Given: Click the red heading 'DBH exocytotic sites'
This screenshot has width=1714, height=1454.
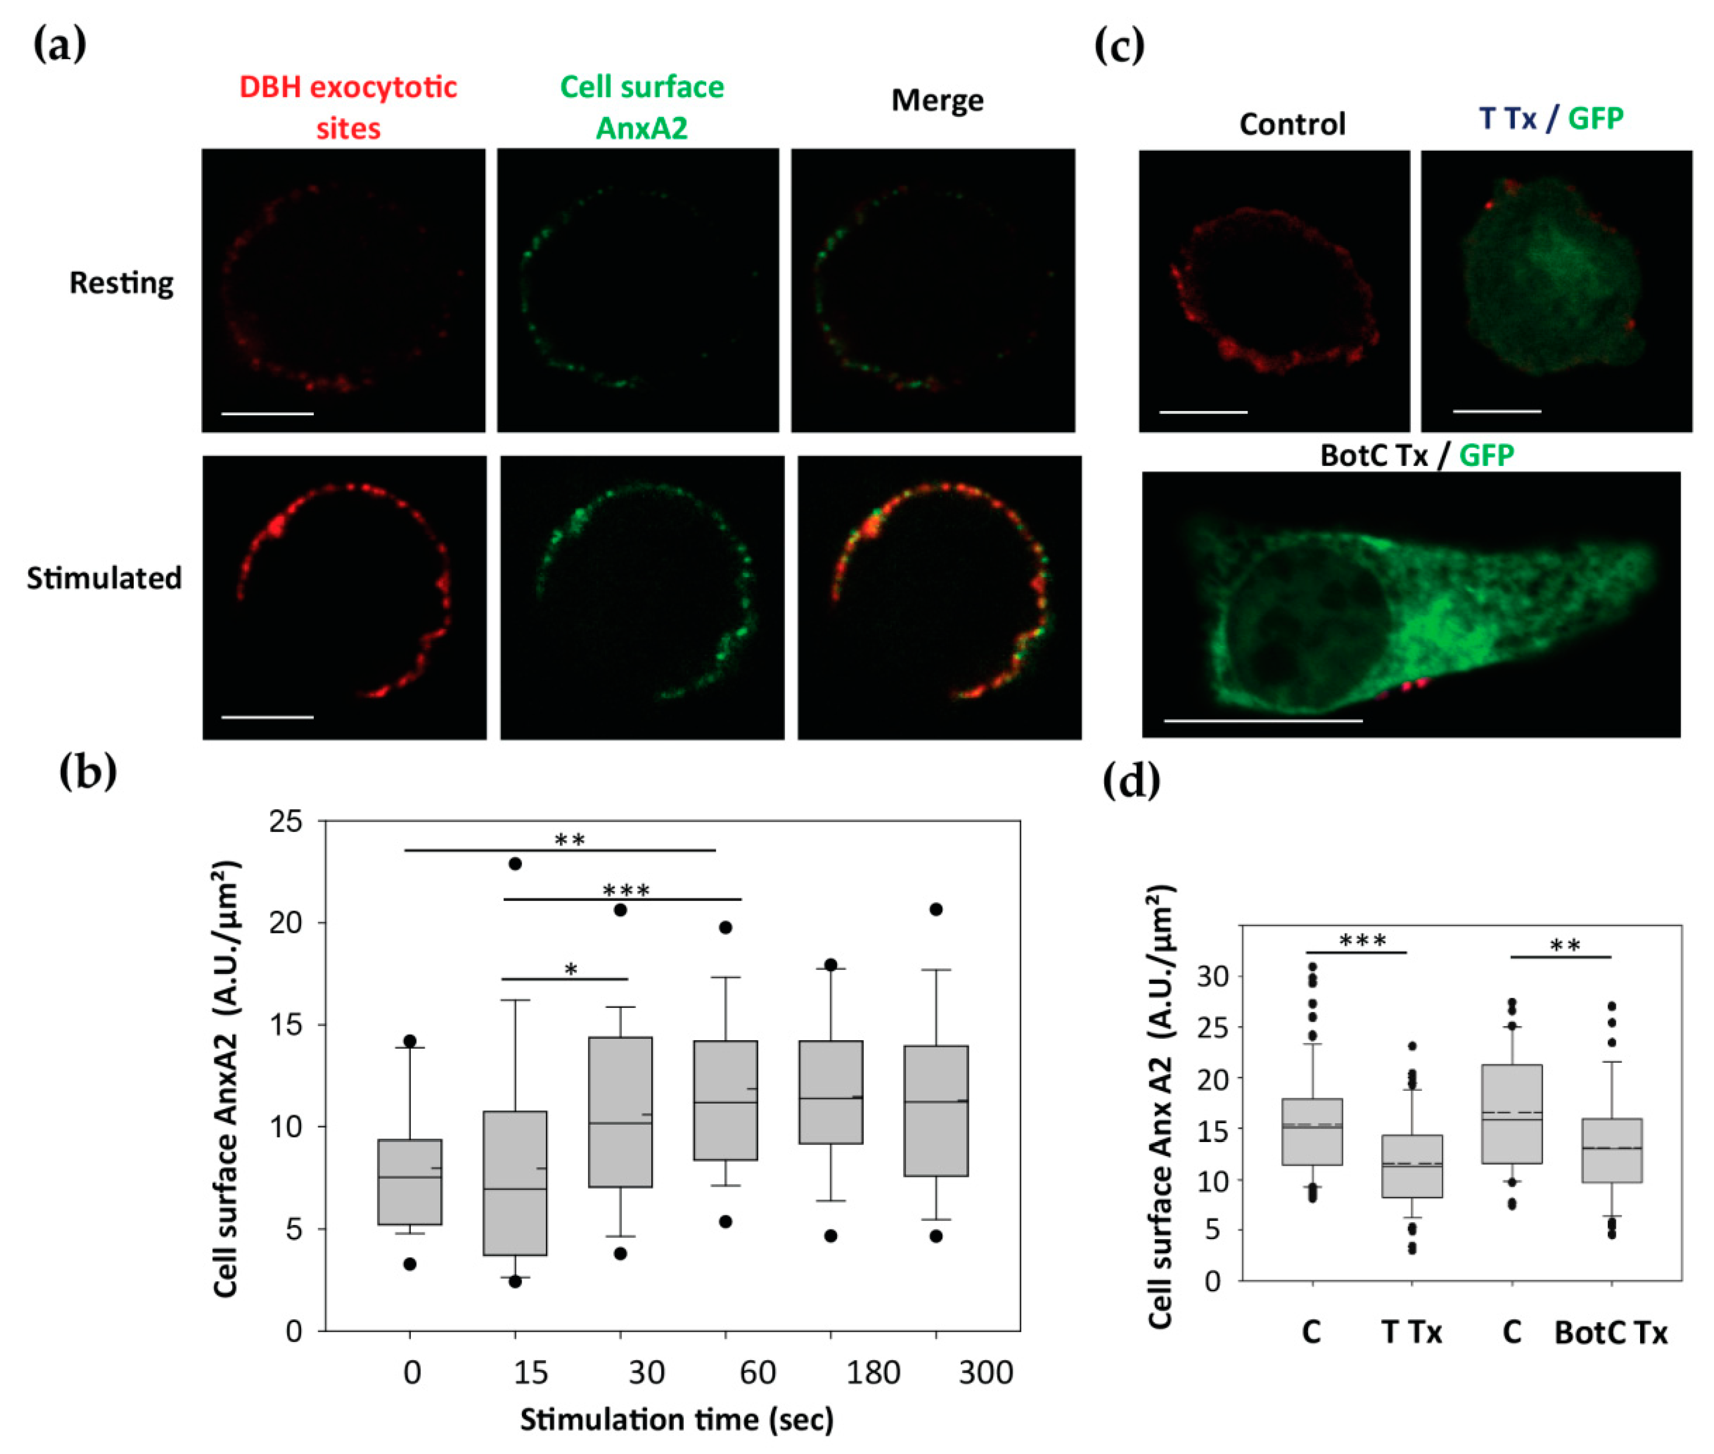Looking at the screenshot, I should [348, 107].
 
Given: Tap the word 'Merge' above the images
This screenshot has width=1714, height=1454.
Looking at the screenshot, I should [937, 100].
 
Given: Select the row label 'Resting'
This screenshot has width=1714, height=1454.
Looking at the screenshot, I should [121, 282].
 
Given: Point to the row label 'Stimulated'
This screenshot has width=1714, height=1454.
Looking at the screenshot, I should [104, 578].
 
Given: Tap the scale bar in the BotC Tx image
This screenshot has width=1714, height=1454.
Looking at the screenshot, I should [1263, 720].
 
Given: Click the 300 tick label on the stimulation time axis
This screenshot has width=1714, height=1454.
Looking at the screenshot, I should [986, 1372].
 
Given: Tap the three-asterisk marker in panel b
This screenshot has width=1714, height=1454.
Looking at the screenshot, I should [626, 890].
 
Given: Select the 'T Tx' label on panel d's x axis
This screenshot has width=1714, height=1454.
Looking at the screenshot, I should [1411, 1333].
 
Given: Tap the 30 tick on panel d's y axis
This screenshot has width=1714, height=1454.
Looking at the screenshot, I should [1212, 977].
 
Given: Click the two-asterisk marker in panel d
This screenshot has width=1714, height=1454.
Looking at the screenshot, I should [1564, 946].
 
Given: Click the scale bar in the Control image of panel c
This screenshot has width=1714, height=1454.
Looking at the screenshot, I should [1203, 411].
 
